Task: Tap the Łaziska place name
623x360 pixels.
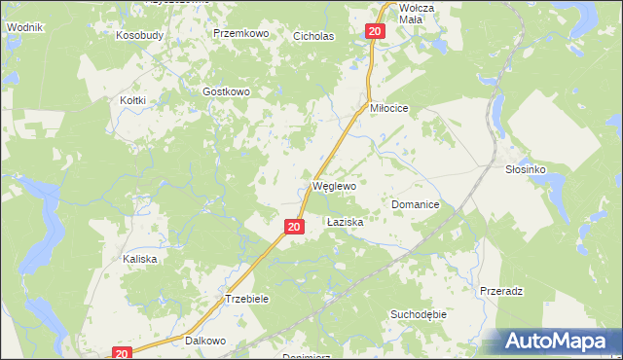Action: pos(345,223)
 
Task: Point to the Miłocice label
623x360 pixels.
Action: pos(394,109)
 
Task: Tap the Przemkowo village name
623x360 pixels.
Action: pos(240,33)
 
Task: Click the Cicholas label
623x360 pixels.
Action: pos(313,37)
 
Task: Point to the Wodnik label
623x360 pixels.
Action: pos(22,27)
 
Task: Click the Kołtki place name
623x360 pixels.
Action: pos(132,100)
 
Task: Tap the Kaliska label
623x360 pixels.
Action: pos(139,260)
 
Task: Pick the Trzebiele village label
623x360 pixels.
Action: pos(246,299)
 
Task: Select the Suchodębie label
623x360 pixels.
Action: pos(418,314)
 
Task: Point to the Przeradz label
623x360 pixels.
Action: pos(502,291)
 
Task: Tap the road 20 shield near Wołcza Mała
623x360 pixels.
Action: pos(377,32)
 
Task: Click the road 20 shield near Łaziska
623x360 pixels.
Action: pos(294,227)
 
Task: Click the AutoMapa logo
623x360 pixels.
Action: pos(560,341)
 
